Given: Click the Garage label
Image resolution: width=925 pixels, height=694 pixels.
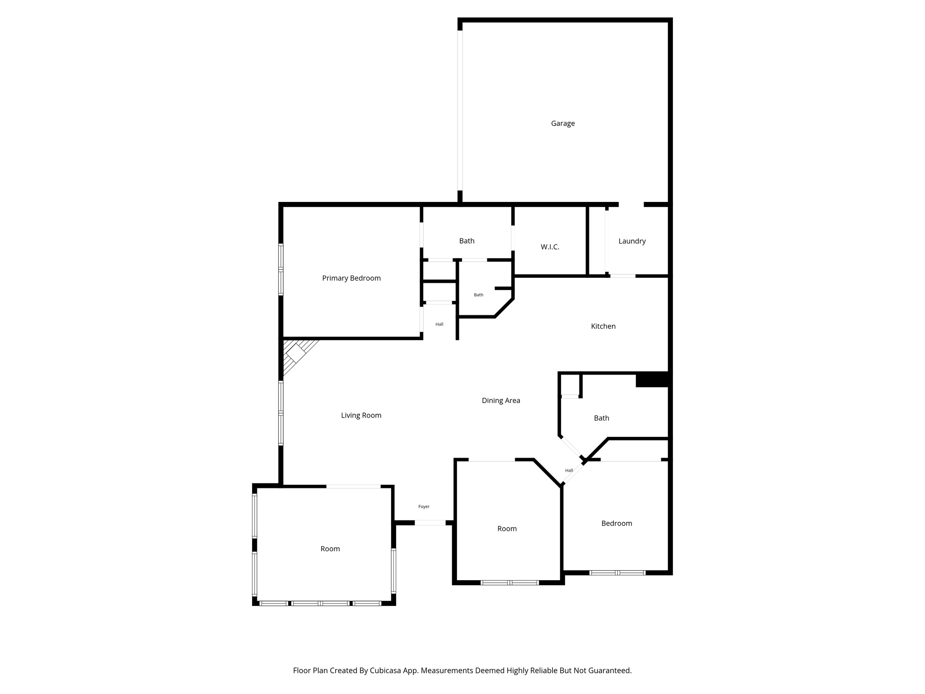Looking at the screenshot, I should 563,123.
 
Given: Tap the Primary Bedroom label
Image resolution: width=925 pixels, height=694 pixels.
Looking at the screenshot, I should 351,278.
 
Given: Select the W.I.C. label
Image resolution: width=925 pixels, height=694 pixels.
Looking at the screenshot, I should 550,247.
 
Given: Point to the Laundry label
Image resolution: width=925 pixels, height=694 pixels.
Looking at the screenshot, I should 632,241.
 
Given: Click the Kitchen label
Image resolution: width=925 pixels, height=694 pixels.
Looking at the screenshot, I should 603,326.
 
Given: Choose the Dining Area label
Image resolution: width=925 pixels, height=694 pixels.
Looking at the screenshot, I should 501,400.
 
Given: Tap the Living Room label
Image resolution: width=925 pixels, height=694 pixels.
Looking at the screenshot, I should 361,415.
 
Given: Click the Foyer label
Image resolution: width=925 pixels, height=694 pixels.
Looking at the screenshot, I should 424,506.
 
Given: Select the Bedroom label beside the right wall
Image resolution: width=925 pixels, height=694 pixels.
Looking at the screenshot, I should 617,523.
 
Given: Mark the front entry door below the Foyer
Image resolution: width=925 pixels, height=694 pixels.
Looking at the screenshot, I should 430,523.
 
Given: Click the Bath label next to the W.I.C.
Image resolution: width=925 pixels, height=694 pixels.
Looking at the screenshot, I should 467,241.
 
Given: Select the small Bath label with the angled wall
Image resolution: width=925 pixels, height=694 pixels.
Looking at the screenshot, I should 478,295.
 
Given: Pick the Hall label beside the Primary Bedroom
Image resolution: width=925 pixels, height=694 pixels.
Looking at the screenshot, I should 439,324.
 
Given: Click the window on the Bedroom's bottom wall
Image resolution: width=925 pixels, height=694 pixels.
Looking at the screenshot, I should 617,573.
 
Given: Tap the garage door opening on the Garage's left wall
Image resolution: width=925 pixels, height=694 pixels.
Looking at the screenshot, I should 460,111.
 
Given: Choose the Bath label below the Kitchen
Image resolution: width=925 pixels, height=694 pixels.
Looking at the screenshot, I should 601,418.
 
